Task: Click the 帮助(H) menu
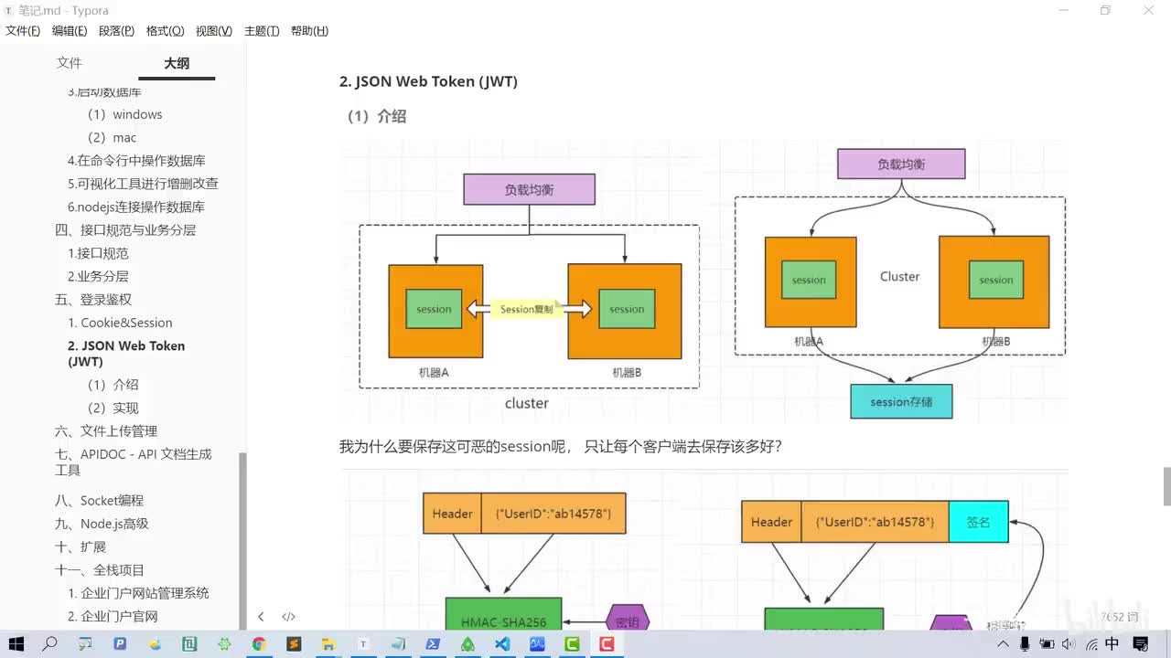coord(309,31)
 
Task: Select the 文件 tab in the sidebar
coord(70,63)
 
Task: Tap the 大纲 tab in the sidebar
coord(177,63)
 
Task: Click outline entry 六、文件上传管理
coord(106,431)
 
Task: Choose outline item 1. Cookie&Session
coord(120,323)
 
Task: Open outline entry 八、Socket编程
coord(99,501)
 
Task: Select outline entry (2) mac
coord(112,137)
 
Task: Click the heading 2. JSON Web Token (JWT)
coord(428,81)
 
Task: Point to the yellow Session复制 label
coord(527,310)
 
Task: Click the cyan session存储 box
coord(901,402)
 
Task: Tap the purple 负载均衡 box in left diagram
coord(529,190)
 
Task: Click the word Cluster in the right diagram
coord(899,276)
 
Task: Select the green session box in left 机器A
coord(434,310)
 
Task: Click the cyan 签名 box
coord(978,522)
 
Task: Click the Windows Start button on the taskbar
coord(16,644)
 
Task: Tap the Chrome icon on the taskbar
coord(259,644)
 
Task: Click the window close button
coord(1148,10)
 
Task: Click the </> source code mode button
coord(288,617)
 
